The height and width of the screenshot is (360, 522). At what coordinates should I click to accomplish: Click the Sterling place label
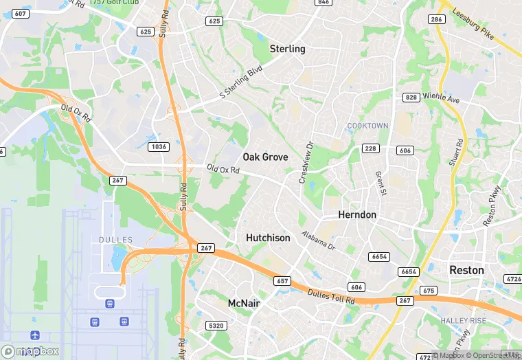[x=287, y=49]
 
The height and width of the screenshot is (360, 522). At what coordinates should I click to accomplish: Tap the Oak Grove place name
[x=265, y=157]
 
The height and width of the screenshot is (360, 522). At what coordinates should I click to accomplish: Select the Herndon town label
[x=357, y=215]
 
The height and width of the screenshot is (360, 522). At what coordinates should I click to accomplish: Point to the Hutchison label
[x=268, y=238]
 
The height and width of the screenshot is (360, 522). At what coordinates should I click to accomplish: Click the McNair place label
[x=244, y=303]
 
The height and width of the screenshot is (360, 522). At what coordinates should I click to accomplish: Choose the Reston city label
[x=466, y=271]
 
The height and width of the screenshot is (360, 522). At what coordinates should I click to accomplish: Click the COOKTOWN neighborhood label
[x=367, y=126]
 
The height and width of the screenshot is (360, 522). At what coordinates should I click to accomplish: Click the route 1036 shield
[x=159, y=147]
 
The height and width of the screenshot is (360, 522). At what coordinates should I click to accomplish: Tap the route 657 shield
[x=282, y=281]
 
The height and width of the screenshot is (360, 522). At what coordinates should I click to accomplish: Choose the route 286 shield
[x=436, y=19]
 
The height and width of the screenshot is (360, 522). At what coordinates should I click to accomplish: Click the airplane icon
[x=34, y=336]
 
